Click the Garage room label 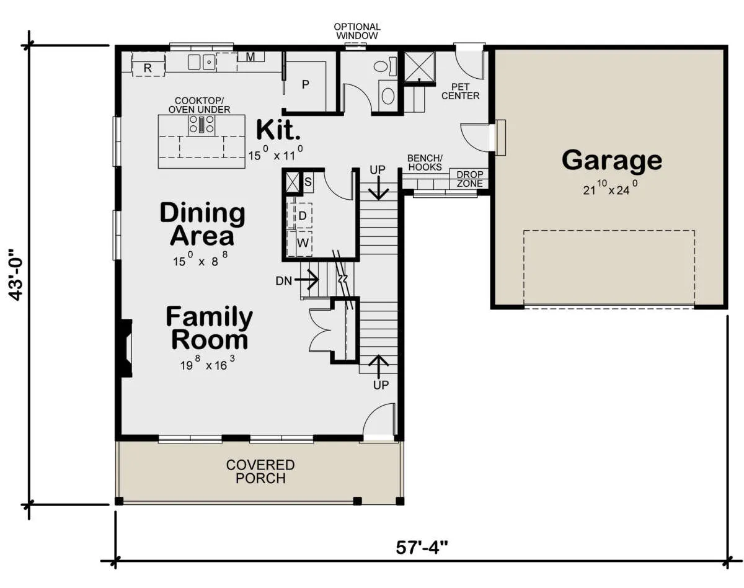pos(612,160)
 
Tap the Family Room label pos(210,328)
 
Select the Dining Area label pos(203,224)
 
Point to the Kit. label pos(278,130)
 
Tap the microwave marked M pos(250,56)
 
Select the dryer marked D pos(299,215)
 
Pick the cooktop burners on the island pos(201,125)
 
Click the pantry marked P pos(305,84)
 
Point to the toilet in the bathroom pos(384,67)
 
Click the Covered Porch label pos(260,471)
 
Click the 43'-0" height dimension pos(16,275)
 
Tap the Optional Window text pos(357,31)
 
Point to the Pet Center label pos(461,91)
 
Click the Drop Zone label pos(469,179)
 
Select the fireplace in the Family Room pos(126,347)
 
